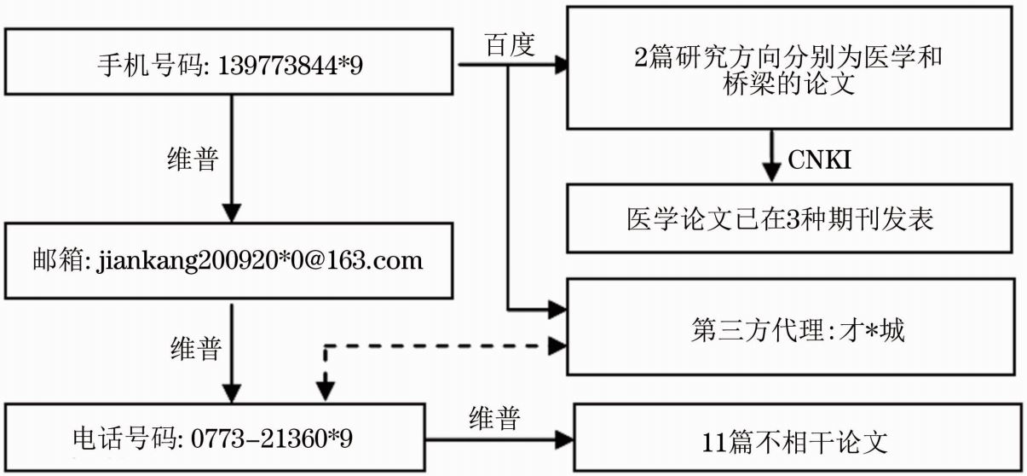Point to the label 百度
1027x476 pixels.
click(510, 45)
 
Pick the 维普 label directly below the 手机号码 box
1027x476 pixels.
click(193, 160)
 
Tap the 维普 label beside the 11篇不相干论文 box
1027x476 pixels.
click(495, 418)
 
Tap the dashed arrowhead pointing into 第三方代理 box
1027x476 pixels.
click(557, 345)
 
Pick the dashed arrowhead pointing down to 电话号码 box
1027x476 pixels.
click(325, 391)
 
